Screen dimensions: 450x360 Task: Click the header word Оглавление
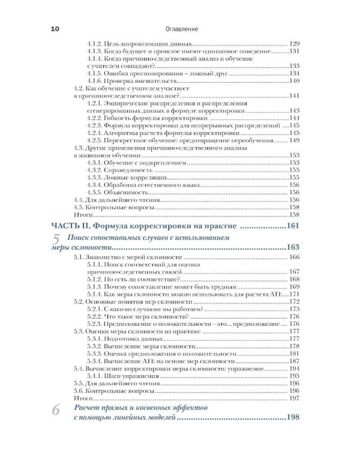pyautogui.click(x=181, y=28)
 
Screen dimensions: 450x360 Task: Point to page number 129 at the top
pyautogui.click(x=294, y=44)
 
